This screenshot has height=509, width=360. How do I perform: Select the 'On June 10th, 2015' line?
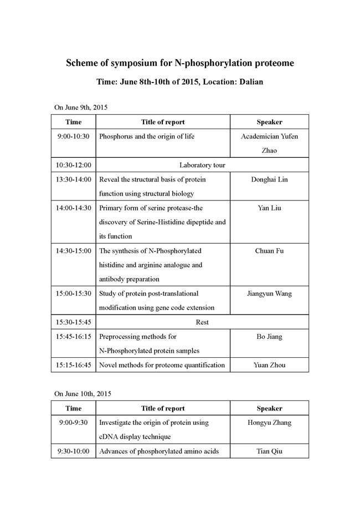[x=84, y=394]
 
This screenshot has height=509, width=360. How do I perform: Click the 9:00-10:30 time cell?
[x=74, y=136]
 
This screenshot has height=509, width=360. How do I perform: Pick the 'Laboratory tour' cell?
[x=202, y=164]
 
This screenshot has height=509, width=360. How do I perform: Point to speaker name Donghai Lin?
[x=269, y=179]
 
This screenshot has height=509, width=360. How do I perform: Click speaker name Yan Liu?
[x=269, y=208]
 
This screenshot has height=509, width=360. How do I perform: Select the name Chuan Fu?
[x=269, y=251]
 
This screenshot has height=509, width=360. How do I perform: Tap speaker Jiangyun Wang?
[x=269, y=293]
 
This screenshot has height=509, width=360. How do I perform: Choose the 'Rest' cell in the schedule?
[x=202, y=322]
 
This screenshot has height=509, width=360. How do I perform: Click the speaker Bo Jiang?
[x=269, y=336]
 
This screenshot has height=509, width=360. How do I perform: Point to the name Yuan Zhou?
[x=269, y=365]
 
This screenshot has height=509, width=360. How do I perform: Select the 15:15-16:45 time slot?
[x=74, y=365]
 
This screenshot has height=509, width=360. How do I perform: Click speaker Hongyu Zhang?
[x=269, y=423]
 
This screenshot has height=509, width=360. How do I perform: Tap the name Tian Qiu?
[x=269, y=451]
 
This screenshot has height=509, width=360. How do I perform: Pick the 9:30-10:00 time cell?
[x=74, y=451]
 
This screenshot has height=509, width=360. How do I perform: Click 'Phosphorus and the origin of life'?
[x=147, y=136]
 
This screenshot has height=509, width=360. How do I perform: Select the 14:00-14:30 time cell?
[x=74, y=208]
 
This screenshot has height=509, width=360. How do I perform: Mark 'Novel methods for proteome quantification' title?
[x=162, y=365]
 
